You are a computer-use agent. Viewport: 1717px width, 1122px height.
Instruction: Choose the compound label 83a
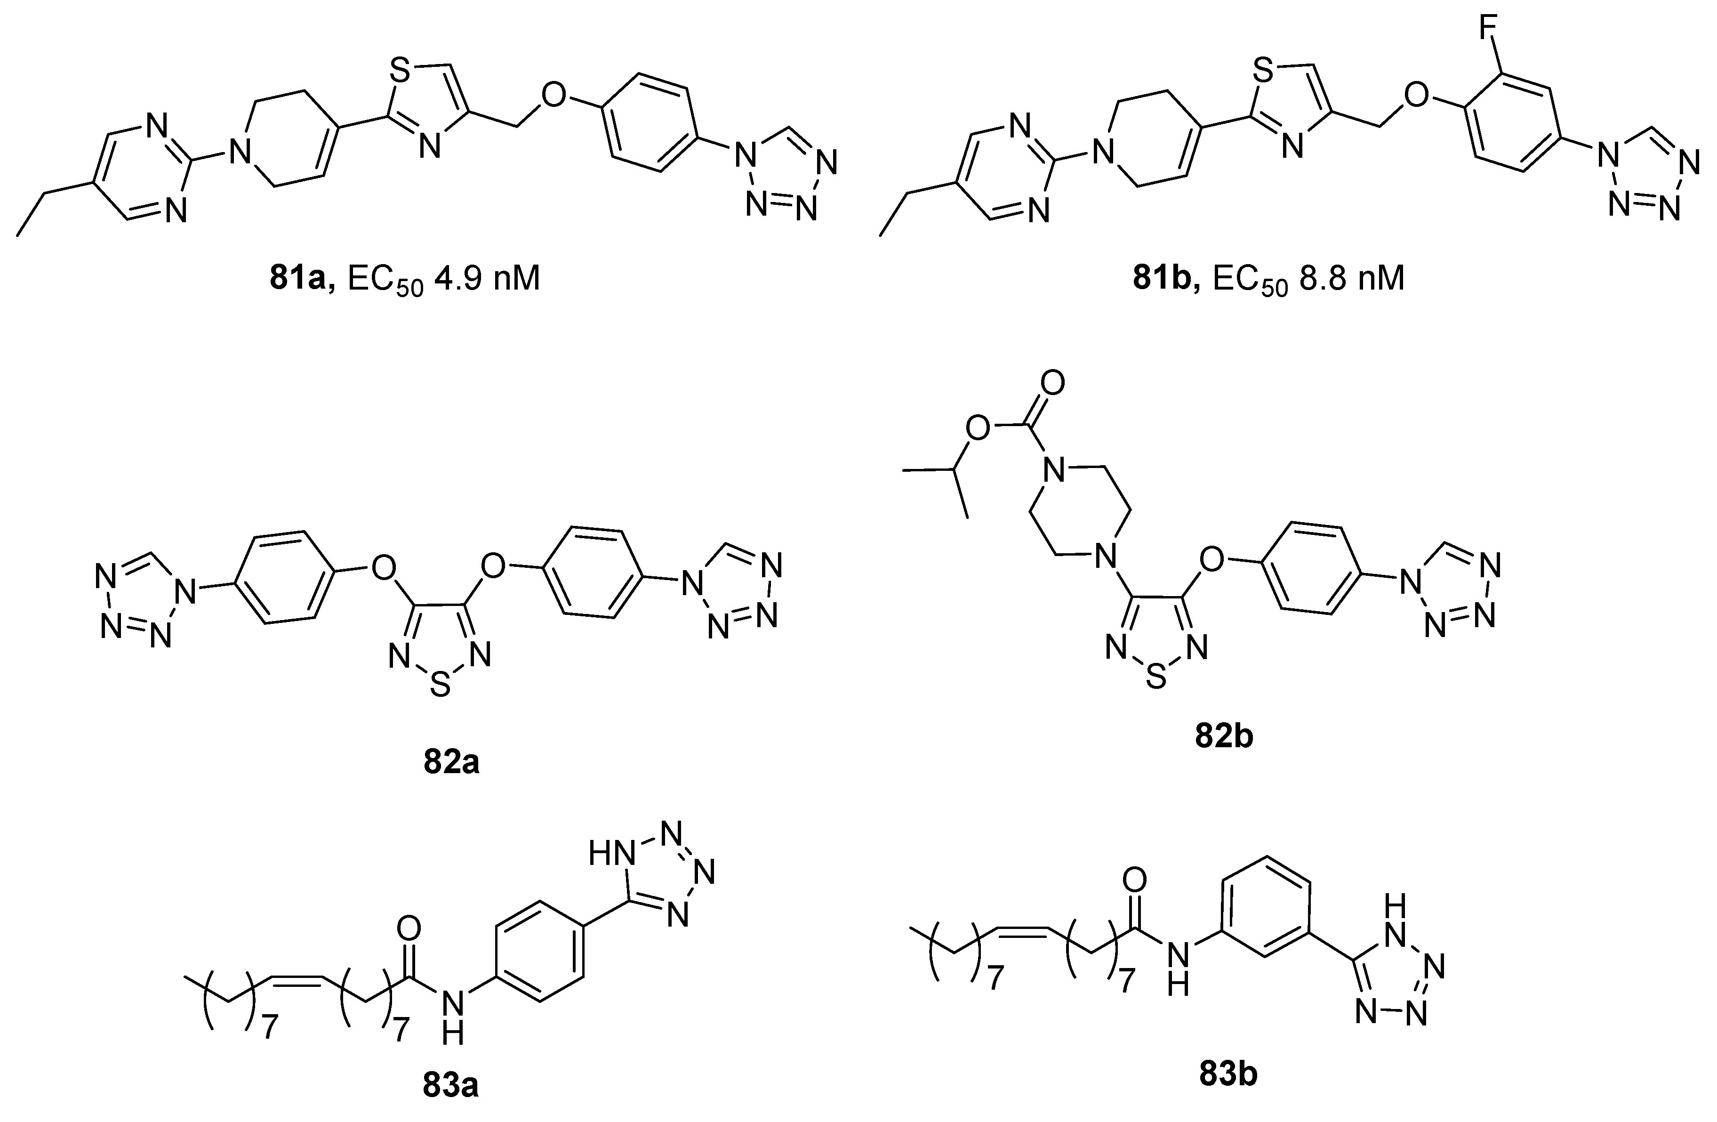(x=451, y=1086)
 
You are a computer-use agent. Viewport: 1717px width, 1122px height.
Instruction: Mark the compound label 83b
(x=1228, y=1074)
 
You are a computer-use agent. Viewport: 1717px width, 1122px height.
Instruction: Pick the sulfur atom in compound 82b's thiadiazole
(x=1156, y=676)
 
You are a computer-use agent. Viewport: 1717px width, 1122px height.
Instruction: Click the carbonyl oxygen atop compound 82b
(x=1053, y=382)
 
